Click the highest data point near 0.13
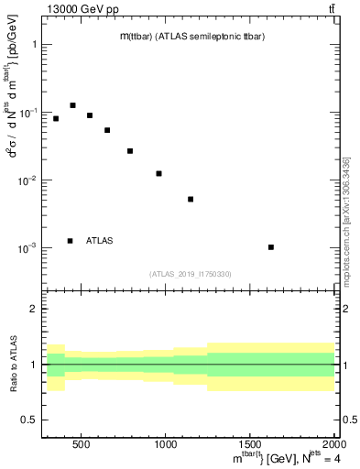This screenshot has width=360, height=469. pos(72,105)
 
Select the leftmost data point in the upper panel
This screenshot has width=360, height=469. pos(56,118)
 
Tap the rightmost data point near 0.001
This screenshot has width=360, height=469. pos(297,247)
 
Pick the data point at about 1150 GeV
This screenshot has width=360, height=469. pos(191,199)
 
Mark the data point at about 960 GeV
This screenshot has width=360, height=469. pos(158,173)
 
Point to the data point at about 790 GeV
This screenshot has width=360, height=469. pos(130,150)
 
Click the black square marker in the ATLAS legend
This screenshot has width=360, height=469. pos(70,241)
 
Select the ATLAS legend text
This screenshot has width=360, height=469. pos(99,241)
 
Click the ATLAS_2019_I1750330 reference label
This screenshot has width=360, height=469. pos(190,274)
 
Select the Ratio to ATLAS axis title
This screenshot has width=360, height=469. pos(13,365)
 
